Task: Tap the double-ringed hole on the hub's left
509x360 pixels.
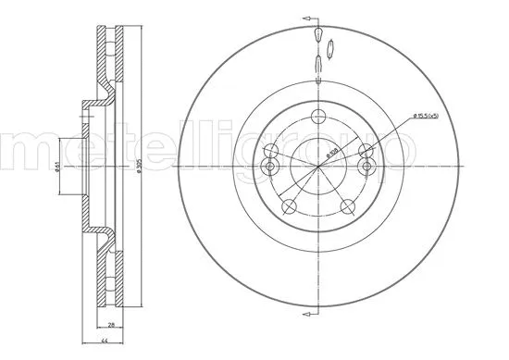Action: tap(271, 166)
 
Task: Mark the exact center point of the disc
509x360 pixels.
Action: tap(317, 166)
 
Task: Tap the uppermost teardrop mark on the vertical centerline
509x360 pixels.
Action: tap(317, 35)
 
